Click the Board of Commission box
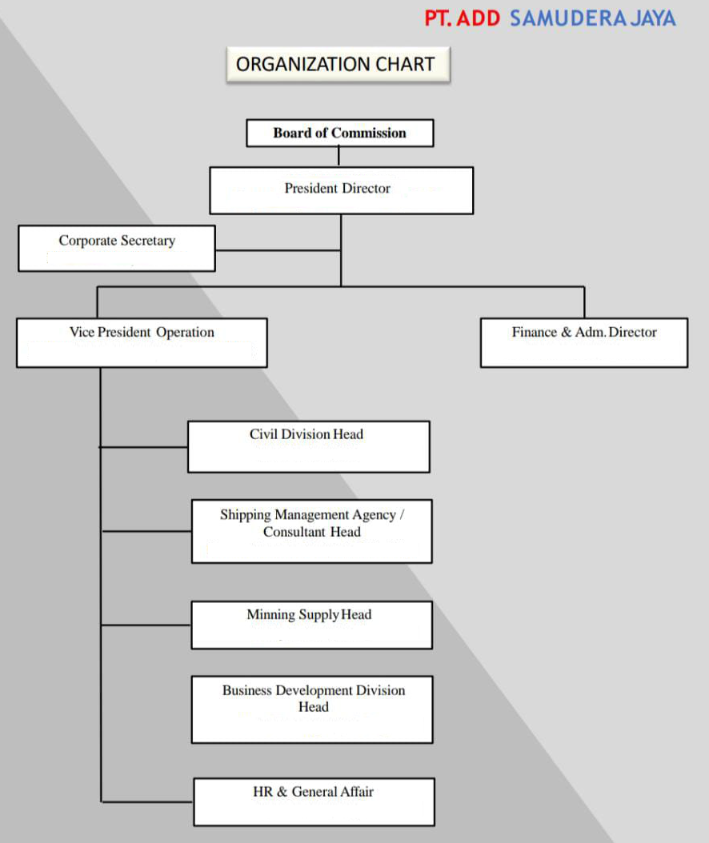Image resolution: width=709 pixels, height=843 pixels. coord(339,133)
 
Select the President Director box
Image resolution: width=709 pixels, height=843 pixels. coord(341,190)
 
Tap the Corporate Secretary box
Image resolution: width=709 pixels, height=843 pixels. coord(117,248)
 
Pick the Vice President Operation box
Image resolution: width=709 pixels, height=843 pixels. coord(142,342)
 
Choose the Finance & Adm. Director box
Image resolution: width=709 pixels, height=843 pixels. coord(583,342)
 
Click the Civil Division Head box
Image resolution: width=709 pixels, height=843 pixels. coord(308,446)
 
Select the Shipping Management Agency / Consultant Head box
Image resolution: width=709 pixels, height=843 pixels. coord(311,531)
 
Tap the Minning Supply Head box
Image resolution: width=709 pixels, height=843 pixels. coord(311,625)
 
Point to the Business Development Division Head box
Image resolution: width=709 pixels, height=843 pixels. coord(312,709)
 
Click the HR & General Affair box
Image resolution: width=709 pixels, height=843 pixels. coord(314,801)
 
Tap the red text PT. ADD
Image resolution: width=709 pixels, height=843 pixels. coord(462,18)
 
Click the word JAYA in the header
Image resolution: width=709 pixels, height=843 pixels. coord(653,18)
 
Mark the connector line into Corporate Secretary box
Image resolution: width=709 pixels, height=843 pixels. coord(278,250)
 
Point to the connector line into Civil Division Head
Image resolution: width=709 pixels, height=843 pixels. coord(144,447)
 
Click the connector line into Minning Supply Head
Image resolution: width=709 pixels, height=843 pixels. coord(146,625)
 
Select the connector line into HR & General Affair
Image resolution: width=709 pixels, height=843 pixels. coord(147,801)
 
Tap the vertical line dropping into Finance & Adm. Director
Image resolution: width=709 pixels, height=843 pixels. coord(584,302)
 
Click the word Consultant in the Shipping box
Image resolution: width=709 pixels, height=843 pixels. coord(294,533)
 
